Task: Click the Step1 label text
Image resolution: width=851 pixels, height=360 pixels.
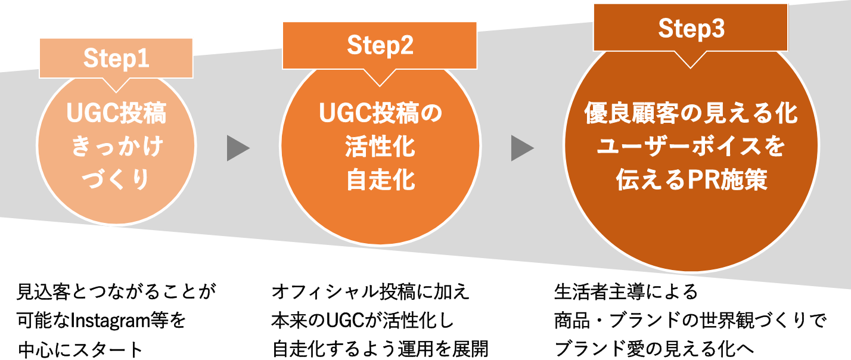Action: pos(116,58)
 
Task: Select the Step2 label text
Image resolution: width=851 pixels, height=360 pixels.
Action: pos(380,46)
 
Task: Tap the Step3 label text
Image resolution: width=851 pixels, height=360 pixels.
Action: pos(691,29)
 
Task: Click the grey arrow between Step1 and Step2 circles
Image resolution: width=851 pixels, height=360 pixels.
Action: pos(237,148)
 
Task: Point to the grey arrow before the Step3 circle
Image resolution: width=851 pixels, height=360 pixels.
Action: pos(521,148)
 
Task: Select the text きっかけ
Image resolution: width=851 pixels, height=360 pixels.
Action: pos(116,147)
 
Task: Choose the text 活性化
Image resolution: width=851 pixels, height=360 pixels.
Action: pos(380,147)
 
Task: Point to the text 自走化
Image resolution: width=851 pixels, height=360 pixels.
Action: pos(380,180)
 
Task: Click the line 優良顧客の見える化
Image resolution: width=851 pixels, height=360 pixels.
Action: pos(691,114)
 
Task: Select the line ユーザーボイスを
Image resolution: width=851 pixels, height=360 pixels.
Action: pos(691,147)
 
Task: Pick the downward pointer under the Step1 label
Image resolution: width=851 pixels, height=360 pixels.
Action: pos(116,85)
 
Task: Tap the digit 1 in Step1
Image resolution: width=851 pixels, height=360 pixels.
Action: pos(143,58)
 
